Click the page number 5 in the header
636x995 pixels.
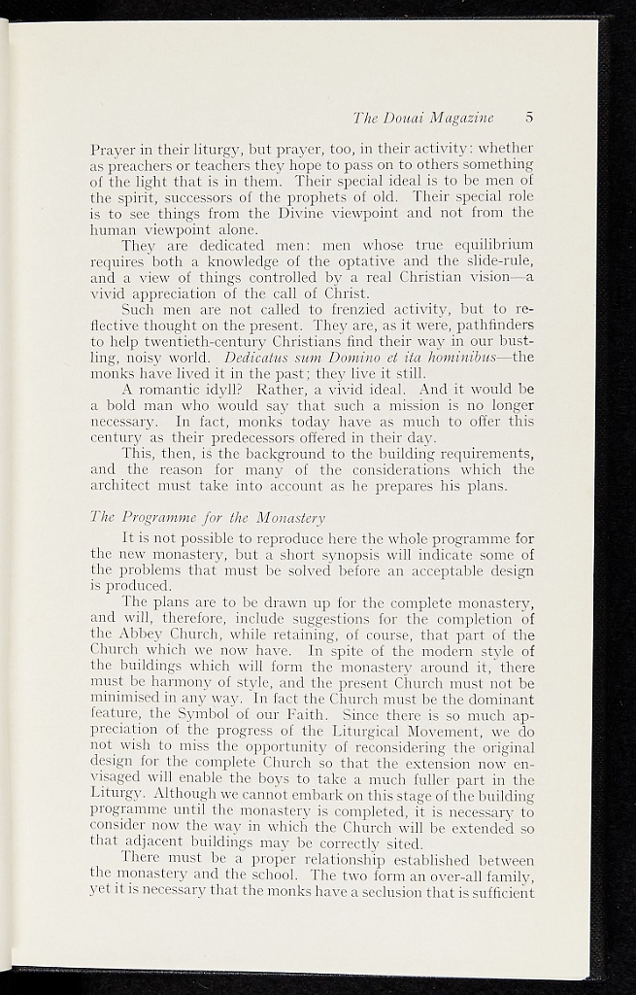(x=529, y=118)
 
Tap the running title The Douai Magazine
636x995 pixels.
(x=423, y=119)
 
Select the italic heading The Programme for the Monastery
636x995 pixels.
(x=208, y=517)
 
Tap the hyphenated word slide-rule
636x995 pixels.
(x=493, y=261)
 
